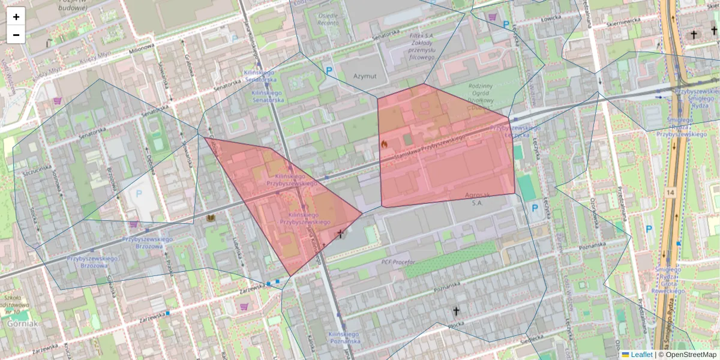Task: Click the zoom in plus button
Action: [16, 17]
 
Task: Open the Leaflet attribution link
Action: [641, 355]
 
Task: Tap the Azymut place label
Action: [364, 76]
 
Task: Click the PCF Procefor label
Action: [398, 262]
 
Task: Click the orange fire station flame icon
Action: [384, 144]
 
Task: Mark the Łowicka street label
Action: [550, 19]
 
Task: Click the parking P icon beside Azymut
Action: [329, 71]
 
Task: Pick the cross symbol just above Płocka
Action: [456, 311]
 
